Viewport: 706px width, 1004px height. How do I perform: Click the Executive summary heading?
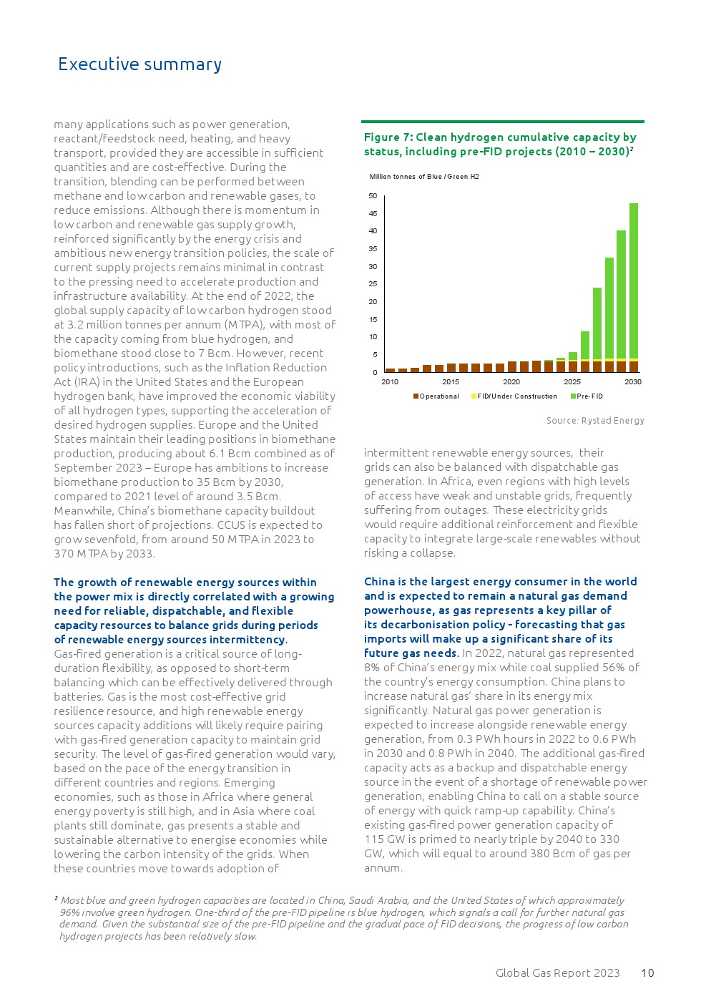[x=139, y=64]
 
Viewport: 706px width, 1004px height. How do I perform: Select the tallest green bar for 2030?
[x=633, y=279]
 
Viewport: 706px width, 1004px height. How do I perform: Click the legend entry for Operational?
[x=436, y=396]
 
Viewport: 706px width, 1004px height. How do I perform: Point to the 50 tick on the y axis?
[x=373, y=196]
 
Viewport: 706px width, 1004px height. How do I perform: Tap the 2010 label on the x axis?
[x=390, y=382]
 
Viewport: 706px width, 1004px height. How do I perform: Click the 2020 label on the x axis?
[x=511, y=382]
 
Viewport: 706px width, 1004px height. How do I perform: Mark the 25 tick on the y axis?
[x=373, y=284]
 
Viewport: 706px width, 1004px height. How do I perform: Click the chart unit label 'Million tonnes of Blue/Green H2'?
[x=424, y=177]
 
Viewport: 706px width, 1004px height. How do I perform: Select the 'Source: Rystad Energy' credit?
[x=595, y=421]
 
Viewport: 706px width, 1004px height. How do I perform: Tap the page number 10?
[x=647, y=973]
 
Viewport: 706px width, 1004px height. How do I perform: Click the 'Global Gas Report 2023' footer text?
[x=558, y=973]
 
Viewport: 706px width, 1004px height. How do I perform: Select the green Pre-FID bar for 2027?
[x=597, y=322]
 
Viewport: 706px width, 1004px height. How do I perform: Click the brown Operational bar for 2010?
[x=390, y=370]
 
